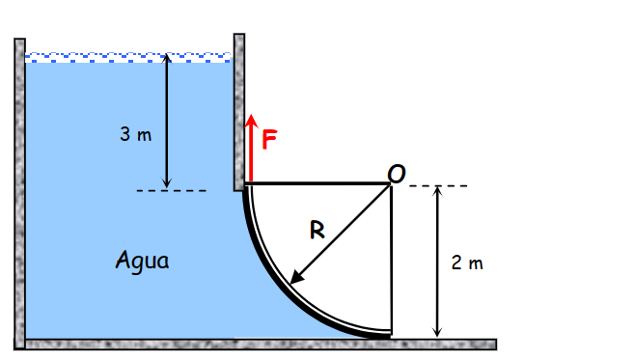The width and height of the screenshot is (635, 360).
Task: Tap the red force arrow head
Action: pos(251,121)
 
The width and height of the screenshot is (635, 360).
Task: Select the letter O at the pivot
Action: pos(397,173)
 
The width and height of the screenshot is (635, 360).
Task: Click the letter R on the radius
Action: pos(317,230)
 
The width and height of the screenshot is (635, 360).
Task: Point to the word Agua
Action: pos(142,260)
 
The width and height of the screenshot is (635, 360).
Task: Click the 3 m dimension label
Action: pos(136,134)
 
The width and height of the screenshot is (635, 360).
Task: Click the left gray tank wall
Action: pos(19,193)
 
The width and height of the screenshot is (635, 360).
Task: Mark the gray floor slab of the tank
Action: pos(261,344)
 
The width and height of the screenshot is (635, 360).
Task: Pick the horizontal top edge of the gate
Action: pos(318,182)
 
